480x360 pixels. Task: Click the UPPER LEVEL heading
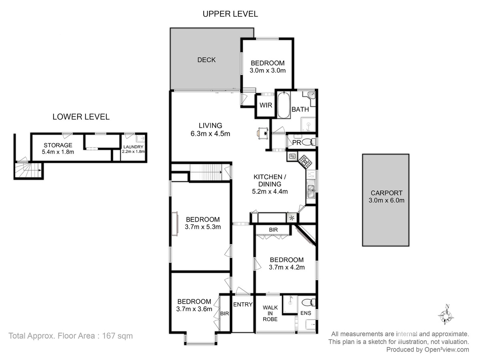point(230,14)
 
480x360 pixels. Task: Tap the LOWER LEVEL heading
point(81,117)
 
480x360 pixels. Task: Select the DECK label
point(206,60)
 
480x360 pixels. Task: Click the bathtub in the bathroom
point(284,105)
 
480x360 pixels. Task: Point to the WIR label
point(266,105)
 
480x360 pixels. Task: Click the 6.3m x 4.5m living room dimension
point(210,134)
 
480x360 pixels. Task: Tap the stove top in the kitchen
point(305,162)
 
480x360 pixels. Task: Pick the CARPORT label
point(386,193)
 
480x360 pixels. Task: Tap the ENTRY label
point(243,304)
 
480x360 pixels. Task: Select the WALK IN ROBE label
point(270,314)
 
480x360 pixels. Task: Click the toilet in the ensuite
point(308,302)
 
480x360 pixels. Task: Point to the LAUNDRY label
point(133,147)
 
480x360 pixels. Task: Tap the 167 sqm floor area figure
point(118,336)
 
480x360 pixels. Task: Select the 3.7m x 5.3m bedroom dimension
point(203,227)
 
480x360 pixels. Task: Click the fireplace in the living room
point(263,133)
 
